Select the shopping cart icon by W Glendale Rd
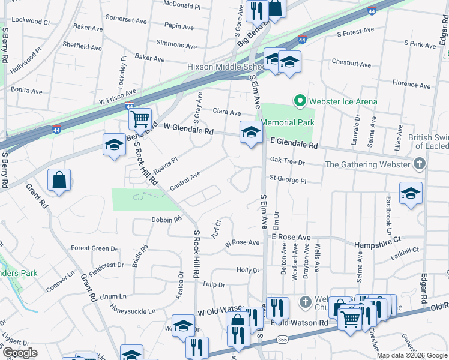(x=140, y=119)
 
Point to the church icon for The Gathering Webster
(x=420, y=164)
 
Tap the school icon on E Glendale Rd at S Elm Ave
(x=250, y=132)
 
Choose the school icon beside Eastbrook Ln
(x=411, y=193)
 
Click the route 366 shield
(x=282, y=339)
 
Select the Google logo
(x=20, y=353)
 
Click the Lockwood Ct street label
(x=30, y=21)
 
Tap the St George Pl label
(x=288, y=179)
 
